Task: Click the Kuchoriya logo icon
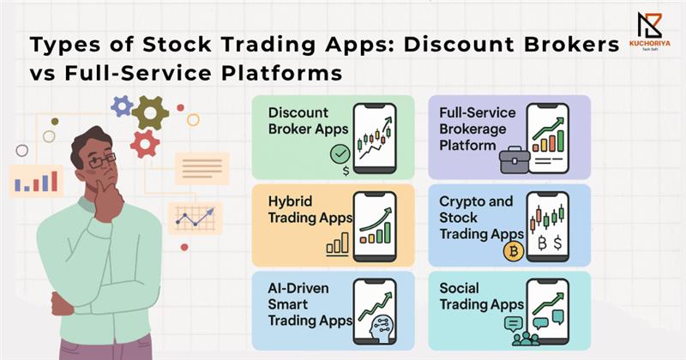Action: click(x=649, y=26)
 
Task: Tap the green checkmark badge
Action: click(x=340, y=154)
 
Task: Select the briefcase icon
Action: click(x=514, y=160)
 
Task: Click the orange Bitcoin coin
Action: click(x=514, y=251)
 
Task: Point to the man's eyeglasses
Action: click(x=102, y=161)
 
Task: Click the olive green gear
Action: click(x=150, y=113)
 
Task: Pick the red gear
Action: click(x=145, y=144)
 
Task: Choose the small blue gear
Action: click(x=122, y=105)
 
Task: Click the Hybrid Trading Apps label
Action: click(x=310, y=209)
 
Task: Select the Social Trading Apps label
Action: click(x=481, y=296)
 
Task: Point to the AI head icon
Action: click(x=382, y=327)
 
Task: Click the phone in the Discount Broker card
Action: click(x=375, y=138)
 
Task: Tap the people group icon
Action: click(x=526, y=339)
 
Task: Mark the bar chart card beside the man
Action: click(x=36, y=181)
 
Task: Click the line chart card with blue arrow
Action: click(x=196, y=219)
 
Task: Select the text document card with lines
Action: click(x=202, y=168)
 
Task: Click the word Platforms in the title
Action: click(x=282, y=74)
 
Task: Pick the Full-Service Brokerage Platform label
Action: click(x=478, y=129)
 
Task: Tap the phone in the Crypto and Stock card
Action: click(x=548, y=226)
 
